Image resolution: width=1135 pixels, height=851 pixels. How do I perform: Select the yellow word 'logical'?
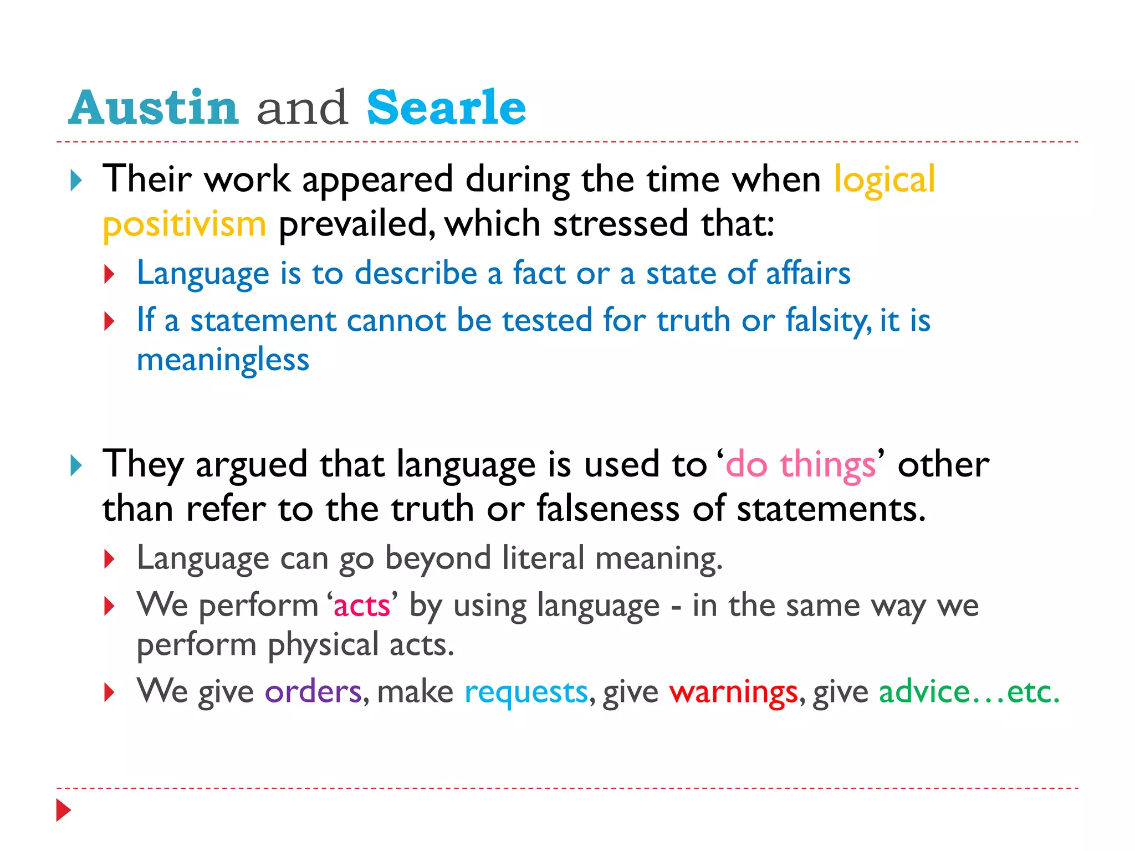[885, 180]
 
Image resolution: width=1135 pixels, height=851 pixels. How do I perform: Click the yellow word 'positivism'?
[185, 224]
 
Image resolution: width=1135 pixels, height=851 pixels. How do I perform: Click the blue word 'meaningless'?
[223, 360]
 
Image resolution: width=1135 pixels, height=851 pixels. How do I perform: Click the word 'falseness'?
[607, 509]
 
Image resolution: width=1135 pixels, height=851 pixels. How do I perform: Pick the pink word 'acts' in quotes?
[362, 606]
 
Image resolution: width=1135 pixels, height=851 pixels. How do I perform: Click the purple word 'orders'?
[313, 692]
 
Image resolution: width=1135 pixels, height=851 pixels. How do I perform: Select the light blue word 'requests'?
[526, 692]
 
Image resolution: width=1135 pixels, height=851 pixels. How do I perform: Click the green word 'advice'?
[924, 692]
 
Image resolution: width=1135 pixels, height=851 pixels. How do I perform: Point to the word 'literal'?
[543, 558]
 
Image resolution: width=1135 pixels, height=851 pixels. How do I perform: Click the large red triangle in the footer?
[63, 810]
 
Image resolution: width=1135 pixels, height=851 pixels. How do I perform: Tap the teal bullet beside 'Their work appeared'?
[76, 181]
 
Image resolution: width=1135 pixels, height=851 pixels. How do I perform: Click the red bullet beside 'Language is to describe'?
[109, 274]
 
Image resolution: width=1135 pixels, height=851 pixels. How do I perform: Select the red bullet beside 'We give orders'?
[109, 693]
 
